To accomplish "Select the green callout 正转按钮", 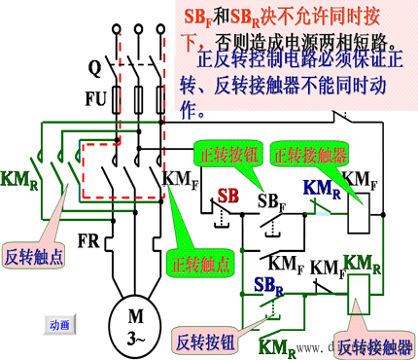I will click(224, 156).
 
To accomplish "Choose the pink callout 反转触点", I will click(30, 247).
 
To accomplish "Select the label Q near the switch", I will click(94, 69).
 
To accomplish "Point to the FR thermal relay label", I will click(88, 239).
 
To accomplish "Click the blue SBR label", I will click(270, 285).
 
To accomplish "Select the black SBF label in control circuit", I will click(270, 200).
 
